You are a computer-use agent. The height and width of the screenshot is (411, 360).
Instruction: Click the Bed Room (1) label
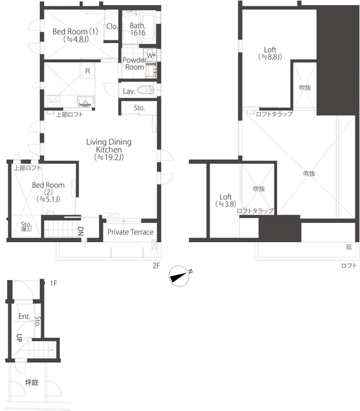[x=75, y=35]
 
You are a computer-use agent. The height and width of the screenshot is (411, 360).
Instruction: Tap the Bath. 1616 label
[x=138, y=29]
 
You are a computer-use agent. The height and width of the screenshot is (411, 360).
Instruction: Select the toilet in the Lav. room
[x=146, y=90]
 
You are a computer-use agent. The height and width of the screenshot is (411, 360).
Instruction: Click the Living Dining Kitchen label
[x=109, y=150]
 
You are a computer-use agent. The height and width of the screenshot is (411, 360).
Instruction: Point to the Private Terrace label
[x=130, y=232]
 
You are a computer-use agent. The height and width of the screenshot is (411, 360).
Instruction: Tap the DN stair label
[x=80, y=231]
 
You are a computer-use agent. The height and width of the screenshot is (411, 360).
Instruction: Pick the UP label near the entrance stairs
[x=19, y=338]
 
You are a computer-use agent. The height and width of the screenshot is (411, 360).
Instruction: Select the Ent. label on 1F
[x=24, y=317]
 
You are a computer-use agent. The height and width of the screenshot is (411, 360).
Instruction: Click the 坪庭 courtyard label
[x=32, y=383]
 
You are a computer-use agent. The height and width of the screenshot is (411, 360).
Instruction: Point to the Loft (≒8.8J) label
[x=270, y=53]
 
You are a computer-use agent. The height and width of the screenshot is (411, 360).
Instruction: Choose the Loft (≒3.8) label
[x=226, y=200]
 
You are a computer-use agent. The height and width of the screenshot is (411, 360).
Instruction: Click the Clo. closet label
[x=112, y=26]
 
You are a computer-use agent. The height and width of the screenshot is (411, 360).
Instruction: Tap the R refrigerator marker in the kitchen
[x=87, y=71]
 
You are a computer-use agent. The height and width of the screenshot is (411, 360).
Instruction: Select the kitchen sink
[x=85, y=101]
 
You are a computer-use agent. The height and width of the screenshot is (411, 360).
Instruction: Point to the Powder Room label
[x=134, y=64]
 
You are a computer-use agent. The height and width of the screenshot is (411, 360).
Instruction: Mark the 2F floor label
[x=156, y=265]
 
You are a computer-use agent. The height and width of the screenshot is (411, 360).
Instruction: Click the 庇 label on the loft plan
[x=348, y=247]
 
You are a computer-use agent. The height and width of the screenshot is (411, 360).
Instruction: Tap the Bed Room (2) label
[x=48, y=192]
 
